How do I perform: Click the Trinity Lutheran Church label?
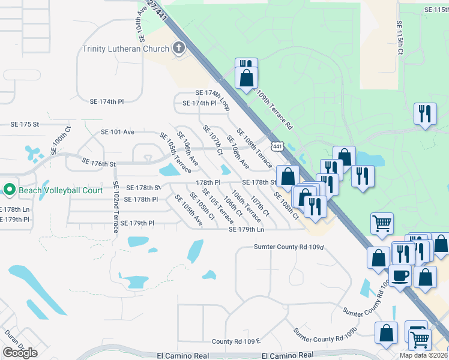coord(127,48)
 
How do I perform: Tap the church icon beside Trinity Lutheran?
coord(178,48)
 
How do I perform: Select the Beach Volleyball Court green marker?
coord(9,190)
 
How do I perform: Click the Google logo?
coord(20,352)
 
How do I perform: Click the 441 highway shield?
coord(277,146)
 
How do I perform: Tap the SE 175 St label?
coord(25,124)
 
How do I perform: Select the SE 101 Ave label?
coord(118,131)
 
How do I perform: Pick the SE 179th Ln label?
coord(246,229)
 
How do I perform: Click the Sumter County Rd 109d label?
coord(289,247)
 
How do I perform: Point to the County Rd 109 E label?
coord(235,341)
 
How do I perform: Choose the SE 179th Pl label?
coord(137,223)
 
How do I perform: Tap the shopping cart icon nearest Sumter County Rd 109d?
coord(382,223)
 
